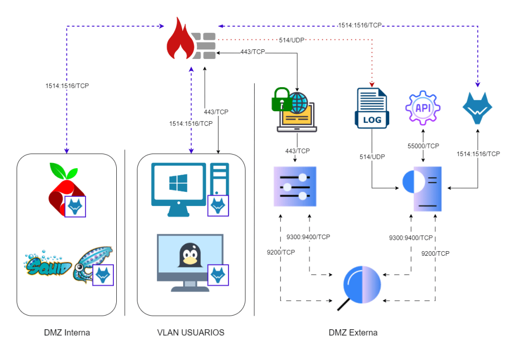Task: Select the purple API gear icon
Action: [x=422, y=108]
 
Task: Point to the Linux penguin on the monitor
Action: [x=189, y=255]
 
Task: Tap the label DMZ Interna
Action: [x=66, y=333]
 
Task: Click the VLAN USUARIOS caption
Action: [x=191, y=333]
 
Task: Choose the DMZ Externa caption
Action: [x=353, y=333]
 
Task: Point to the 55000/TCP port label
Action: [x=423, y=146]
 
